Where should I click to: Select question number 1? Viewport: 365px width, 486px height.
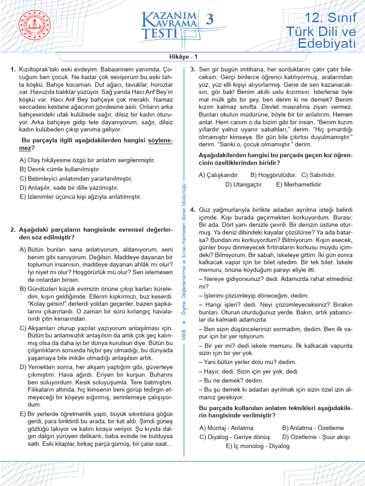click(13, 69)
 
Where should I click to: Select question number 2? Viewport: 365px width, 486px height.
click(13, 230)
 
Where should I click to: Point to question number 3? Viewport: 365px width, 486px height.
click(192, 69)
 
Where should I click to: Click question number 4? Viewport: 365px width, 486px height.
click(192, 209)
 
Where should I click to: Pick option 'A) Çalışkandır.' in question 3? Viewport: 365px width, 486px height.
click(219, 175)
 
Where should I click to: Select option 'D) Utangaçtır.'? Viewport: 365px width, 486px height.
click(244, 184)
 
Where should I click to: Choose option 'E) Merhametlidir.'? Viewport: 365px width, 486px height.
click(299, 184)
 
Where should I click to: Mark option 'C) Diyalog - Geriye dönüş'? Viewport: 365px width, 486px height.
click(234, 437)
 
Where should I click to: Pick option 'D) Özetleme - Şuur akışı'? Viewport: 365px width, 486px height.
click(316, 437)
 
